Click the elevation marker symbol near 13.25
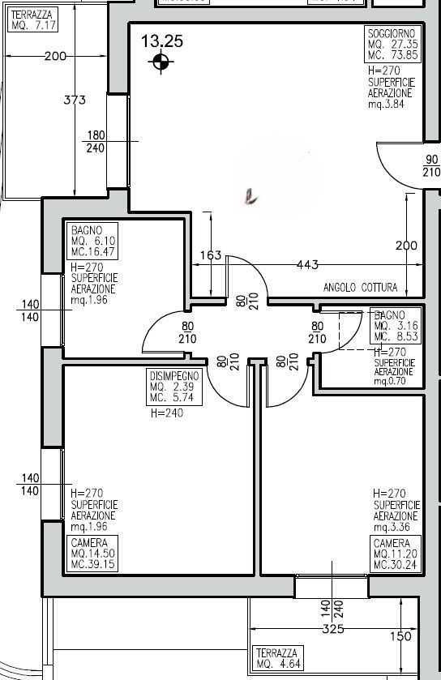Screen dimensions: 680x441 tap(161, 62)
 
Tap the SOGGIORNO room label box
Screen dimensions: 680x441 tap(392, 45)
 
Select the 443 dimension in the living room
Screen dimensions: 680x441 tap(307, 264)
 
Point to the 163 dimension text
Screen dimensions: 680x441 tap(210, 255)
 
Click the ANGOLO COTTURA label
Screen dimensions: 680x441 tap(360, 287)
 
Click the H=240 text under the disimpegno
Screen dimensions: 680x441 tap(167, 413)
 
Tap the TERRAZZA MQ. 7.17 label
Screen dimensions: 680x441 tap(32, 20)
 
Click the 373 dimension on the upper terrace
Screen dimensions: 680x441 tap(75, 101)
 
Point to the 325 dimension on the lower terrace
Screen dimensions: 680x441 tap(333, 629)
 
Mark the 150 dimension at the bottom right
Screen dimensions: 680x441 tap(400, 637)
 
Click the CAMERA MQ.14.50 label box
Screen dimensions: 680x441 tap(93, 554)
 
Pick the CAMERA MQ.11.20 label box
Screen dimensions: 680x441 tap(396, 554)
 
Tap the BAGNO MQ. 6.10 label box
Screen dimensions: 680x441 tap(93, 241)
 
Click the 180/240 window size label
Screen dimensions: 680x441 tap(96, 142)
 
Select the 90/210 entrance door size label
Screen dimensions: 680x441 tap(430, 166)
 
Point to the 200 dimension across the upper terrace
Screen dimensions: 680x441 tap(55, 57)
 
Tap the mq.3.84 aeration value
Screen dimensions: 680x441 tap(385, 105)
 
